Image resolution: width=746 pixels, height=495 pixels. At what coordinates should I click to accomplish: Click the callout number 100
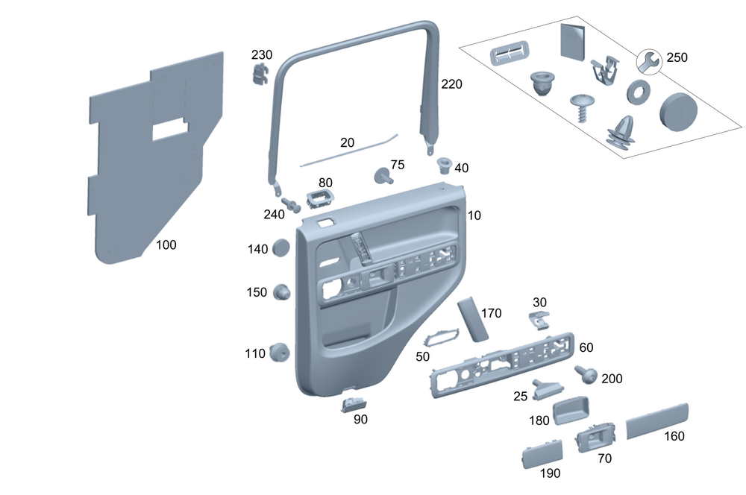(x=166, y=245)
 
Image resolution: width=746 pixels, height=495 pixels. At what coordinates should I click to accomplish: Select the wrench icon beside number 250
(x=648, y=62)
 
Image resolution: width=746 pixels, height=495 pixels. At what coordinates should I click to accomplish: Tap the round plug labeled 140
(x=281, y=248)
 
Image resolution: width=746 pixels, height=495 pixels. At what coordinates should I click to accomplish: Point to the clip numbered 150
(x=281, y=292)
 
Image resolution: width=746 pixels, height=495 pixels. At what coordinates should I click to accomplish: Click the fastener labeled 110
(x=280, y=352)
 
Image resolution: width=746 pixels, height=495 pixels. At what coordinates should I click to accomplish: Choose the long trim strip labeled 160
(x=656, y=420)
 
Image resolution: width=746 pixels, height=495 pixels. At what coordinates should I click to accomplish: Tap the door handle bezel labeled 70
(x=595, y=439)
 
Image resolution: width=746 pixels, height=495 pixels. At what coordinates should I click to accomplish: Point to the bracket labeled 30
(x=539, y=320)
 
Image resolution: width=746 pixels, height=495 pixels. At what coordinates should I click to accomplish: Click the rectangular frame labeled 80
(x=320, y=200)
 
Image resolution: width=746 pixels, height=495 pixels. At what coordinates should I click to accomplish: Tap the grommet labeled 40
(x=445, y=164)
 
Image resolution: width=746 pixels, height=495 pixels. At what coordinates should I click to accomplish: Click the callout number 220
(x=451, y=84)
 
